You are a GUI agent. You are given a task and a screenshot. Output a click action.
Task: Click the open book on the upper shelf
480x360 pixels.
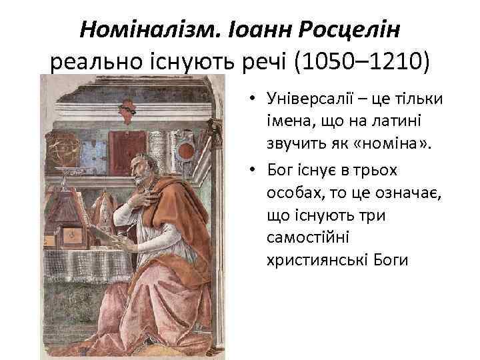tap(162, 140)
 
